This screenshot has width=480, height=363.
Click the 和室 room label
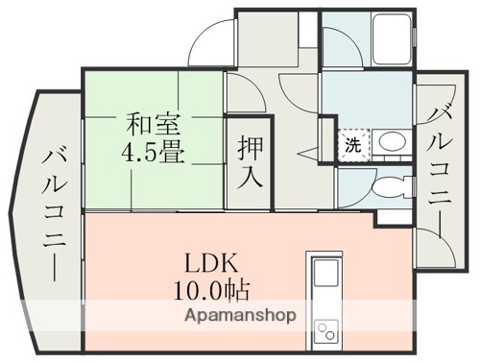pos(153,123)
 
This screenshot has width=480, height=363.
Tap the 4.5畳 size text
pos(154,151)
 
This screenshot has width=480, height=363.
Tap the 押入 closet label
pos(249,162)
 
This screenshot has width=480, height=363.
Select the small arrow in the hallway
pos(304,152)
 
